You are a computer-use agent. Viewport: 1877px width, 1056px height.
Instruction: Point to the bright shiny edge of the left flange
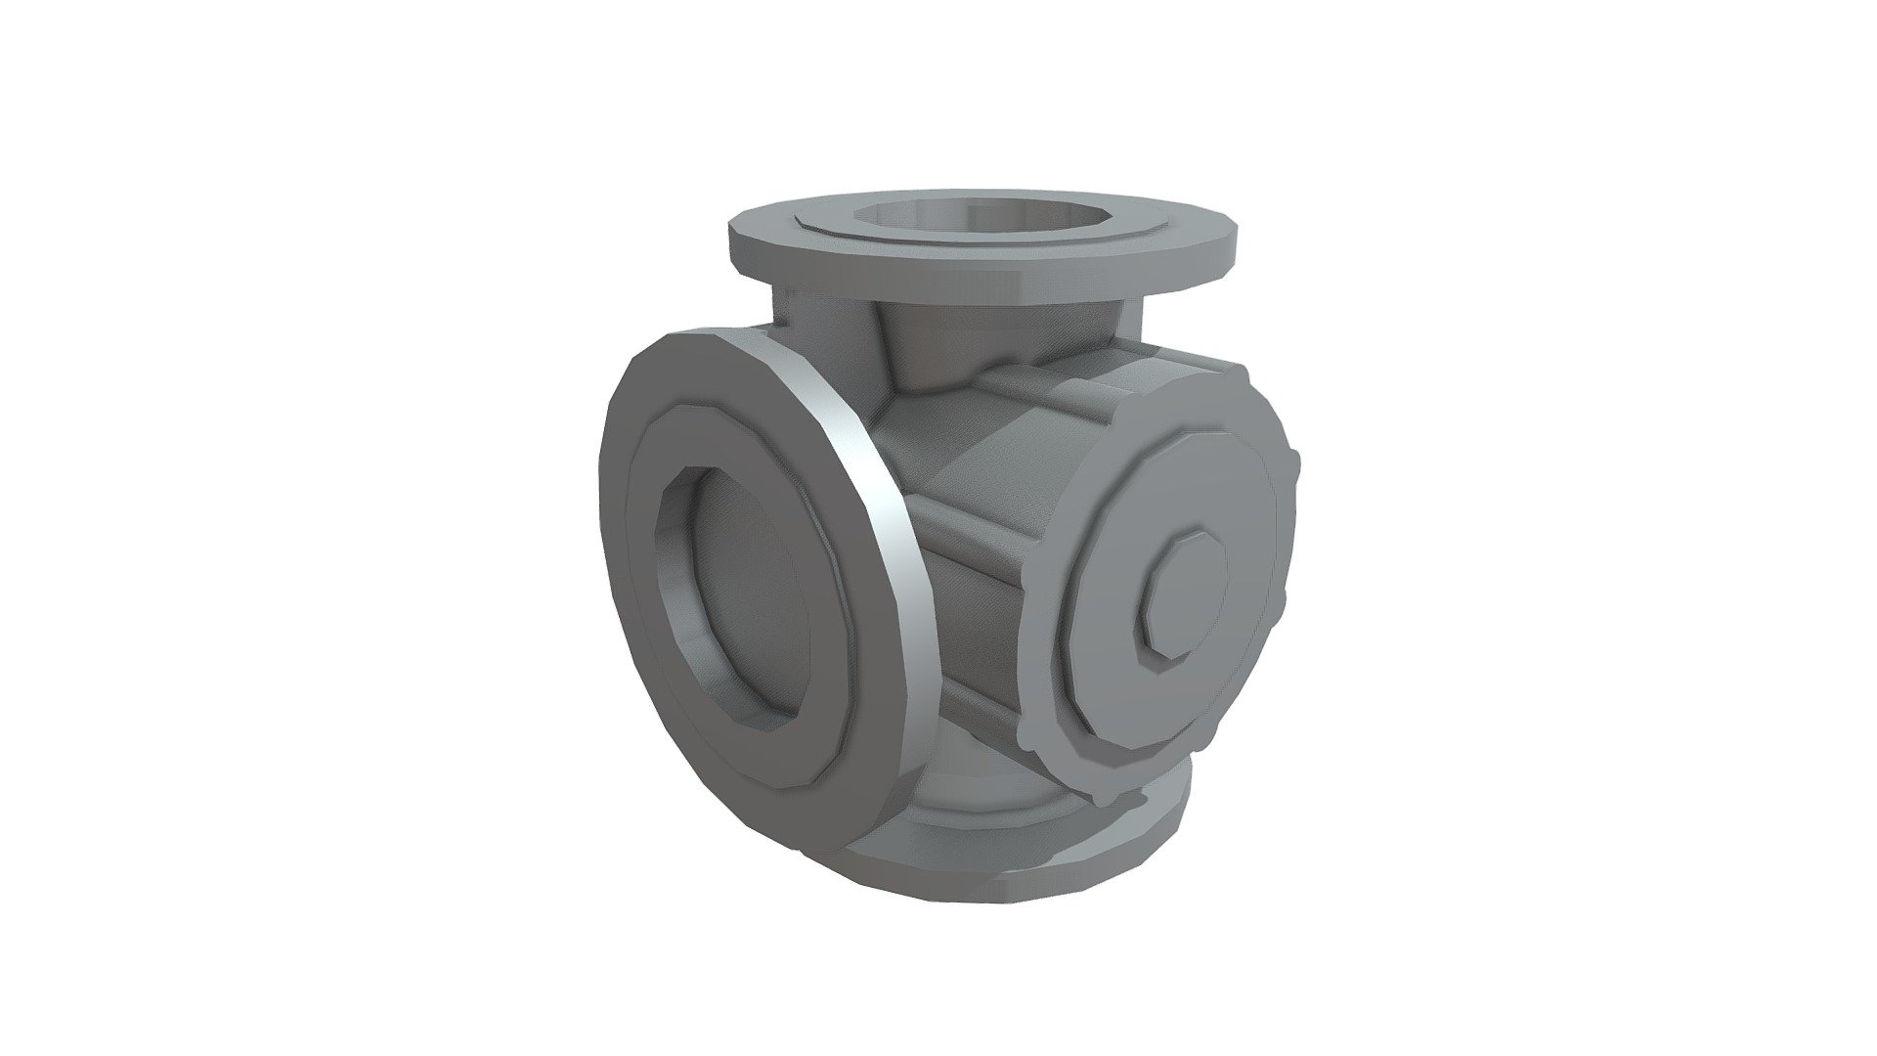(x=870, y=489)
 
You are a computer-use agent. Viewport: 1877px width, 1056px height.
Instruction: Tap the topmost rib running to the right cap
(x=1036, y=381)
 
